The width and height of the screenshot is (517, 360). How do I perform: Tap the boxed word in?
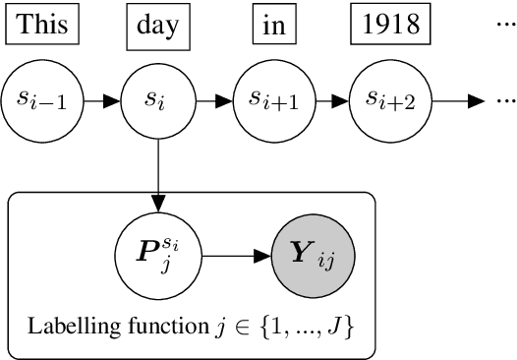click(272, 25)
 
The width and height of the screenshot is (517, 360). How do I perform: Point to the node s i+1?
click(272, 99)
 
